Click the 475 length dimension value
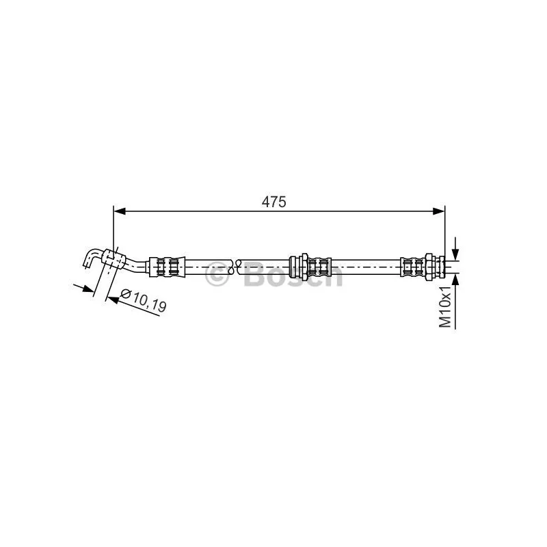click(x=273, y=202)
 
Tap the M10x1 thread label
click(x=445, y=306)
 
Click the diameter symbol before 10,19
click(x=125, y=294)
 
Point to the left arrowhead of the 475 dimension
click(x=120, y=211)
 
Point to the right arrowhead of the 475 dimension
click(x=438, y=211)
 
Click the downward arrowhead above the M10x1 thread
click(x=455, y=254)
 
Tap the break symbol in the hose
click(x=235, y=267)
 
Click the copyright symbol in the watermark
click(x=217, y=275)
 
